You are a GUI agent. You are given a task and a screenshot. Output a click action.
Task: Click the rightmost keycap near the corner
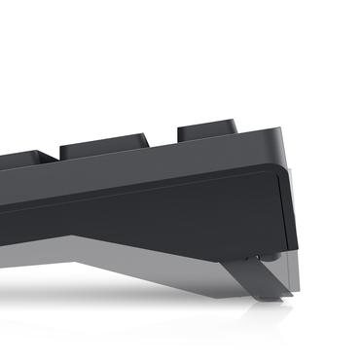click(x=207, y=131)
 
